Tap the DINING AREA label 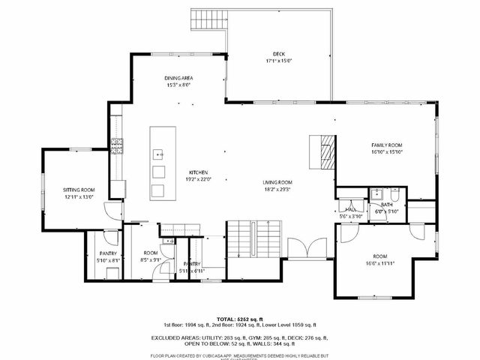click(178, 78)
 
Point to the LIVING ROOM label click(277, 182)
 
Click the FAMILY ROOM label click(387, 144)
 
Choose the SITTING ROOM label click(78, 190)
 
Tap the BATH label click(386, 204)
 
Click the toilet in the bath click(394, 194)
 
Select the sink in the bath click(376, 194)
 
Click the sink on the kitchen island click(159, 154)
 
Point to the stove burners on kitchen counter click(116, 145)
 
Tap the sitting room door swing click(112, 211)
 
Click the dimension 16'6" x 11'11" click(379, 263)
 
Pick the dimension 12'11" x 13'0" click(78, 197)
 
